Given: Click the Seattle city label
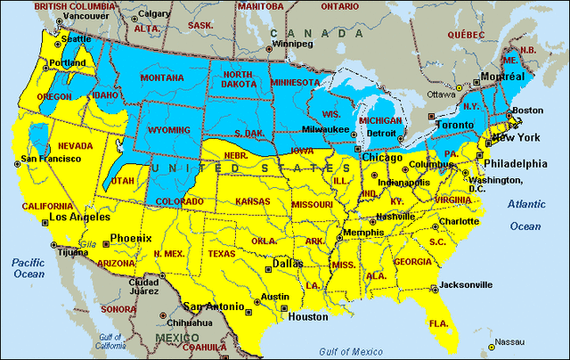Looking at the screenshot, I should [73, 38].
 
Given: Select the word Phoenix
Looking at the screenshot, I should [130, 238].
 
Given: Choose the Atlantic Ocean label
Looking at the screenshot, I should [525, 215].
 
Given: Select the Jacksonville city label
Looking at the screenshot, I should [466, 285].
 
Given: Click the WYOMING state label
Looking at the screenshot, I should [169, 131].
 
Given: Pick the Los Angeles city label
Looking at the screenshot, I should [79, 217].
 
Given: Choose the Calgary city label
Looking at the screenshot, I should [155, 13].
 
